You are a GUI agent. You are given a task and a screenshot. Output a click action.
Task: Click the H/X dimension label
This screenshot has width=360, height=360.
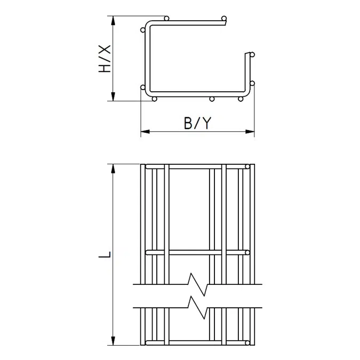point(105,59)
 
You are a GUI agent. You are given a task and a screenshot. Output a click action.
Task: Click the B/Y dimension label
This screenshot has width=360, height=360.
point(198,123)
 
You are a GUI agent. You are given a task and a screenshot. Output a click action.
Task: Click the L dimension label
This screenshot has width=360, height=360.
point(105,254)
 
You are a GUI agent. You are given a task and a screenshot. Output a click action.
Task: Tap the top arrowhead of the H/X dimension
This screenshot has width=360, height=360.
point(113,21)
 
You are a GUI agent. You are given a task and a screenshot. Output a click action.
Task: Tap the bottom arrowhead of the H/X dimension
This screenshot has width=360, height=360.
point(113,97)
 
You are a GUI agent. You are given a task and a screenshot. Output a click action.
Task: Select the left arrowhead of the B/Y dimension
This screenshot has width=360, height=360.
point(145,132)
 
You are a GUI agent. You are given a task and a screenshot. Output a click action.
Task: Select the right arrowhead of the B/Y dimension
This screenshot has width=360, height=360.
point(250,132)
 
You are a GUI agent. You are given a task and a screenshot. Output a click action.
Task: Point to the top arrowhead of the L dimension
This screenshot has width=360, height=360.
point(113,169)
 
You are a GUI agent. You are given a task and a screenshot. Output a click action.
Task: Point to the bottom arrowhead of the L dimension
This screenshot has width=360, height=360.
point(113,341)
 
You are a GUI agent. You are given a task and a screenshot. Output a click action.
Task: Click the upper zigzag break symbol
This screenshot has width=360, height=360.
point(198,284)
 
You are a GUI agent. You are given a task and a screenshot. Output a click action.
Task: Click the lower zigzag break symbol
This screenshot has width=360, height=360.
point(198,308)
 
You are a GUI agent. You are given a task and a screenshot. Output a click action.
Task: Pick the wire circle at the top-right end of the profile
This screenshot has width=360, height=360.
point(224,18)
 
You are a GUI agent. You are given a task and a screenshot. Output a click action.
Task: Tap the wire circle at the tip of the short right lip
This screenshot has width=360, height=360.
point(252,54)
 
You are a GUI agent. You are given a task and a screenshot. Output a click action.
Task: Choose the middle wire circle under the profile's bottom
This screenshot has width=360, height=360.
point(212,99)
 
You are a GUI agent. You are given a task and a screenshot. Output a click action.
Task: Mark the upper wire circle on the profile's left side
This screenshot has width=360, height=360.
point(143,30)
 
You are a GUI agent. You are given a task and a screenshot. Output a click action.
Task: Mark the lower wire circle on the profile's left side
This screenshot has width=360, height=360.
point(143,87)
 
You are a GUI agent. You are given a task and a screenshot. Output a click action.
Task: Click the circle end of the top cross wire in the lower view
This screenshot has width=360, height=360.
point(247,167)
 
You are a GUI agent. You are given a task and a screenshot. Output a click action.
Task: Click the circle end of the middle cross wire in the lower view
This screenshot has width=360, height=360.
point(247,253)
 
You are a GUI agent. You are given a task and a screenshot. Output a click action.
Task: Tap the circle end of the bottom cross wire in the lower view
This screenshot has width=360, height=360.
point(247,343)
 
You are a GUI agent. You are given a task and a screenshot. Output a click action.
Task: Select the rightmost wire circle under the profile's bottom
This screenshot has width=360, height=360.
point(241,99)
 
